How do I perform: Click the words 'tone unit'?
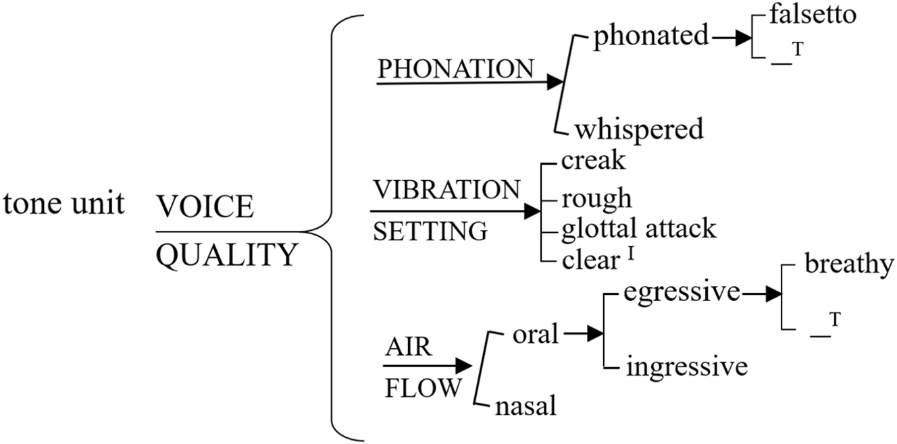pyautogui.click(x=64, y=204)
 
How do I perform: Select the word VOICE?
pyautogui.click(x=205, y=207)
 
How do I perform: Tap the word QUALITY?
pyautogui.click(x=226, y=255)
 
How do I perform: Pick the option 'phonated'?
pyautogui.click(x=650, y=37)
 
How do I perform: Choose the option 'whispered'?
pyautogui.click(x=638, y=128)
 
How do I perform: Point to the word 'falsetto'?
pyautogui.click(x=813, y=14)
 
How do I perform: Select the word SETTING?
pyautogui.click(x=430, y=232)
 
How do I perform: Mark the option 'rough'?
pyautogui.click(x=597, y=198)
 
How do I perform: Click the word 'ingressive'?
pyautogui.click(x=687, y=367)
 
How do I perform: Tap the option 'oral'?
pyautogui.click(x=536, y=333)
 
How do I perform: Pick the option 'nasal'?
pyautogui.click(x=526, y=406)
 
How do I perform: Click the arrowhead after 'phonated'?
pyautogui.click(x=743, y=38)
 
